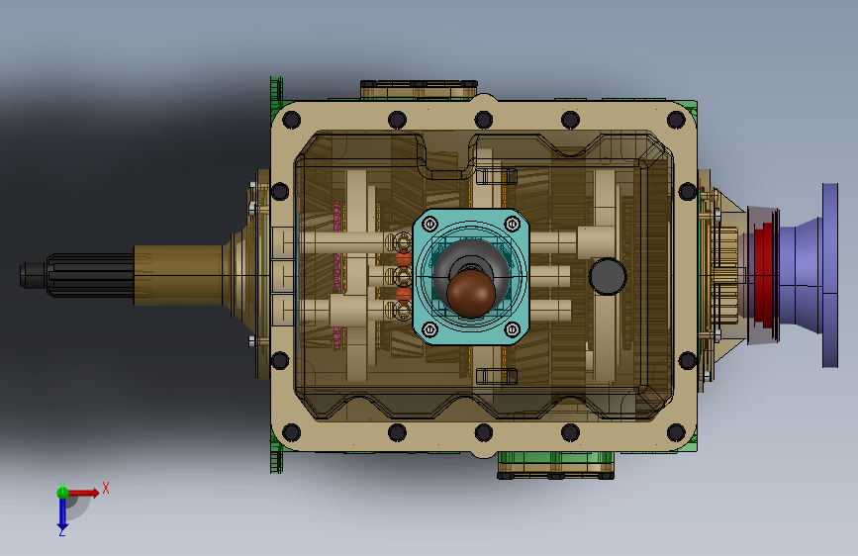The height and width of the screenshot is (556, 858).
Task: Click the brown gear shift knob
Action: (x=471, y=293)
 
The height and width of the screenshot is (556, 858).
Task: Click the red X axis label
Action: (x=106, y=488)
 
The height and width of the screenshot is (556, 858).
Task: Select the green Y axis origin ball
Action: (x=62, y=493)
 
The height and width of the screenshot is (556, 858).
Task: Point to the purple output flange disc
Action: (x=830, y=275)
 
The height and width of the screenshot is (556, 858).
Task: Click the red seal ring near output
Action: (x=764, y=275)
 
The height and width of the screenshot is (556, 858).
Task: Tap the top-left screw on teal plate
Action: (x=430, y=224)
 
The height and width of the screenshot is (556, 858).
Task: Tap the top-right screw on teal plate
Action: (x=513, y=224)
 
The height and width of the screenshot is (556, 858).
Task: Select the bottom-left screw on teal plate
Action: (x=430, y=330)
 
